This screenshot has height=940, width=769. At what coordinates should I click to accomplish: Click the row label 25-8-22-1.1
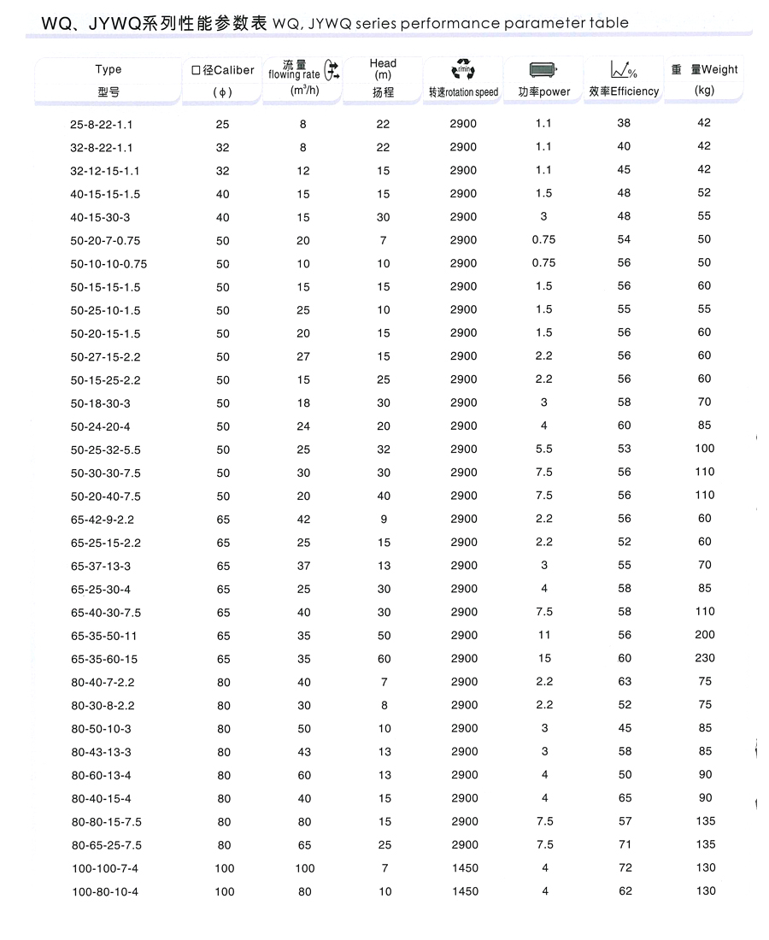(x=102, y=125)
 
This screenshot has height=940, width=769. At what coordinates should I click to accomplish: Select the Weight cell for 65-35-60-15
(x=704, y=658)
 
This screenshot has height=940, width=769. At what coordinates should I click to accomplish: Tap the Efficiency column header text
(x=635, y=91)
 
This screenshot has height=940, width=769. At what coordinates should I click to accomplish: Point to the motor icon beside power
(x=543, y=70)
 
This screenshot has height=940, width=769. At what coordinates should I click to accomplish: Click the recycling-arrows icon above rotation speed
(x=462, y=70)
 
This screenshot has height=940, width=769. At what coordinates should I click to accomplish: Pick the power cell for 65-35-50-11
(x=543, y=635)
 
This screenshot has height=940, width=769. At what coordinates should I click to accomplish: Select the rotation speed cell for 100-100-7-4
(x=463, y=868)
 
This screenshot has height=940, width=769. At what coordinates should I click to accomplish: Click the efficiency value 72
(x=625, y=868)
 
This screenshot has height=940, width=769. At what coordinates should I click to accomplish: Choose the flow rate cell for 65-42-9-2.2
(x=303, y=519)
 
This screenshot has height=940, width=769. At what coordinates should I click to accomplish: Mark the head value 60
(x=384, y=659)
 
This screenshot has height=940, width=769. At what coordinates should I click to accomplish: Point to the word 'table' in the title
(x=608, y=23)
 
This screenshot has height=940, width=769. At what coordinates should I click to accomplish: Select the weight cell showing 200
(x=704, y=635)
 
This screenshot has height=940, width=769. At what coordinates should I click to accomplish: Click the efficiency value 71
(x=625, y=845)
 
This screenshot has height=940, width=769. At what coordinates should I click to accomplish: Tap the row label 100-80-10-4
(x=104, y=892)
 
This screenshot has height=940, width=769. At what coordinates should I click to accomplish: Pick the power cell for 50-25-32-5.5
(x=543, y=449)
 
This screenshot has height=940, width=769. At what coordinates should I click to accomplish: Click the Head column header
(x=383, y=63)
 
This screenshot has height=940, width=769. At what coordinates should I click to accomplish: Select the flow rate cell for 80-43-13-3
(x=303, y=752)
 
